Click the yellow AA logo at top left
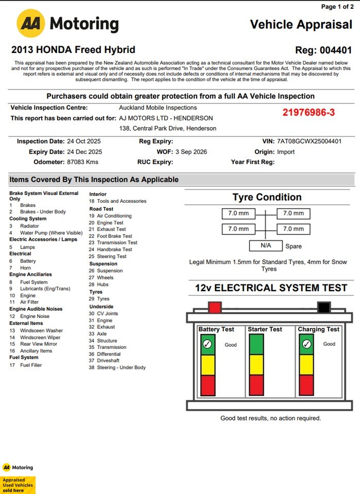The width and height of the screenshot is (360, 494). point(31,23)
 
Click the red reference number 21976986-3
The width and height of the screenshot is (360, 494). point(308,112)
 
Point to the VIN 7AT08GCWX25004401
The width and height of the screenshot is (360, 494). point(309,142)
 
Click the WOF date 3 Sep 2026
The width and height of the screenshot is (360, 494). point(191,152)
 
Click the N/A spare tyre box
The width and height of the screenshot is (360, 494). point(265,246)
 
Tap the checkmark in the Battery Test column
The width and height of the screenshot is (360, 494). point(208,344)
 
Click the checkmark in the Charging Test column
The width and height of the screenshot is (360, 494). point(306,344)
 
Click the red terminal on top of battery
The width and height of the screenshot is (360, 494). point(215,308)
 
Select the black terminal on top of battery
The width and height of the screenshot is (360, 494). point(323,308)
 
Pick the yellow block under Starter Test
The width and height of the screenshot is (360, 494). point(257,365)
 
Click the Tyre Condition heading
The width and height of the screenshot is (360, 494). point(267,197)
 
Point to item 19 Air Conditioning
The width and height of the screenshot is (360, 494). point(114,216)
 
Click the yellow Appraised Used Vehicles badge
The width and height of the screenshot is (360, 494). point(18,485)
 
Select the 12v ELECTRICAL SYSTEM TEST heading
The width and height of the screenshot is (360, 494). point(271,288)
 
